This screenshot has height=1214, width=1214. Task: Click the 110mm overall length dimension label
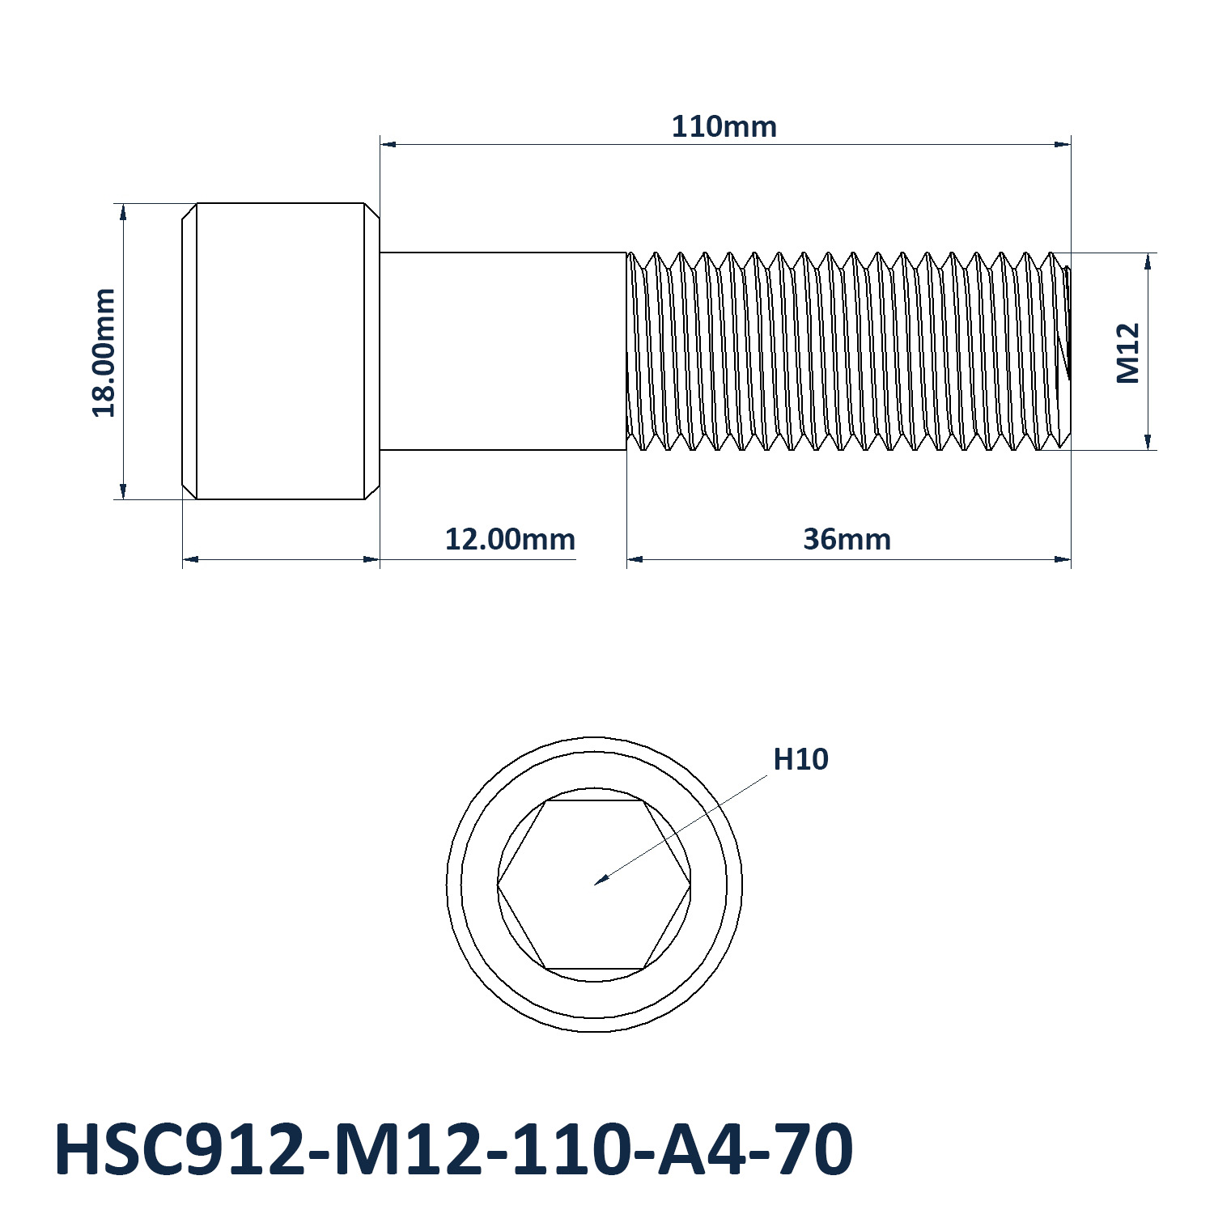[724, 127]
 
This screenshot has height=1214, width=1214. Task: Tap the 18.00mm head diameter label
[104, 352]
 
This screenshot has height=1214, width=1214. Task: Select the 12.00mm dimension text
[510, 539]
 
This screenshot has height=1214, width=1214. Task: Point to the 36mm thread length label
[847, 539]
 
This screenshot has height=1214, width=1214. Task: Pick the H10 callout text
[800, 759]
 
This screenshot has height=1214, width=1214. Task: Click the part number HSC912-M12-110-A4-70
[453, 1148]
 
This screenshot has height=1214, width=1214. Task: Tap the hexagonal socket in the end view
[594, 885]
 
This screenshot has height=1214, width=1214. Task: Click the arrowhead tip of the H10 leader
[595, 884]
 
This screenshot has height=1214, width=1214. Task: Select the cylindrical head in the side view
[280, 350]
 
